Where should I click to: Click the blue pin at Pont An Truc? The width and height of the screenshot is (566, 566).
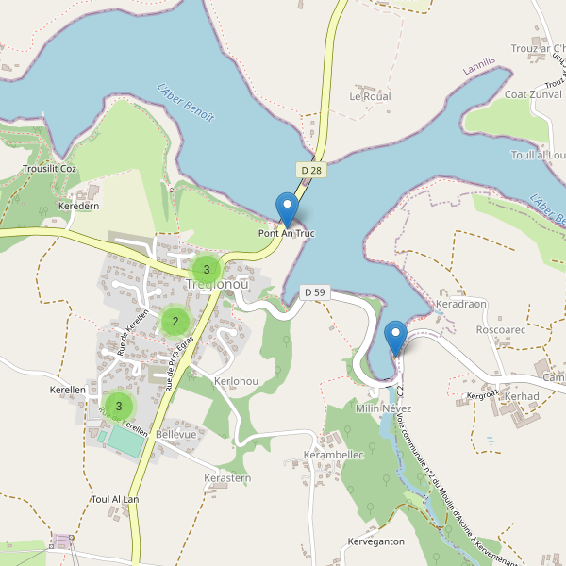tap(286, 208)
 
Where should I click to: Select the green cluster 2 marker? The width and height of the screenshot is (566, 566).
tap(175, 322)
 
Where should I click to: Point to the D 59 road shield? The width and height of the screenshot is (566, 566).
tap(314, 292)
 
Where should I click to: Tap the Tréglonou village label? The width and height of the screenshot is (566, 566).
tap(217, 284)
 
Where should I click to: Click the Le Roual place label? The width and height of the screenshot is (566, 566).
tap(370, 96)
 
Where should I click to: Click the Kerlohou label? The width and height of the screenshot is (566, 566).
tap(236, 381)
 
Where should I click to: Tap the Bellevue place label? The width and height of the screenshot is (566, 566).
tap(176, 433)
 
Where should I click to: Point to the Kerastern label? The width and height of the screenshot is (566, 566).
tap(227, 478)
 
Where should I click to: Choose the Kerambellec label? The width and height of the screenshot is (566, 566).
tap(333, 454)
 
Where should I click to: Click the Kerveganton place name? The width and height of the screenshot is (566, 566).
tap(375, 541)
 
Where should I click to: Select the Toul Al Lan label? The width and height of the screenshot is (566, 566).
tap(115, 499)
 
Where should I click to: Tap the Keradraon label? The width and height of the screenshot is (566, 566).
tap(461, 305)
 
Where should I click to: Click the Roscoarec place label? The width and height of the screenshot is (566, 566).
tap(501, 330)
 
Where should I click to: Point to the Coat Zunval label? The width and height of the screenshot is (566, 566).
tap(534, 94)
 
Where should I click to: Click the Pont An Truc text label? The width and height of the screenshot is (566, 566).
tap(286, 233)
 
